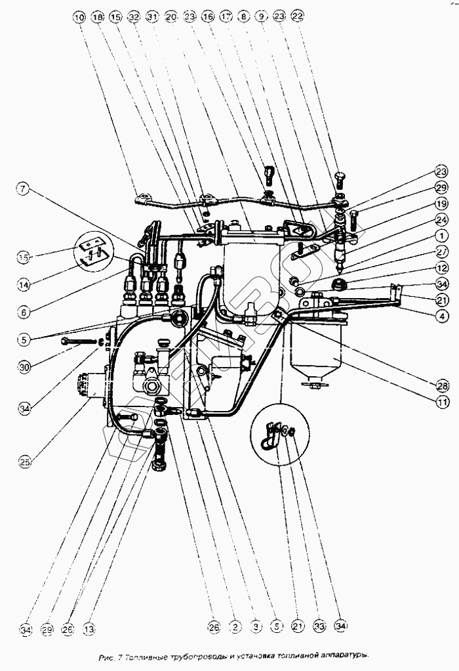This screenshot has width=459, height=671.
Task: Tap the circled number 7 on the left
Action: pyautogui.click(x=24, y=190)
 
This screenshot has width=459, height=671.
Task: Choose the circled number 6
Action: pyautogui.click(x=24, y=313)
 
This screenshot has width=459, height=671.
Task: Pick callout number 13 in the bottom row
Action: pyautogui.click(x=89, y=628)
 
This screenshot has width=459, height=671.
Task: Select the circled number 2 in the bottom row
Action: pyautogui.click(x=234, y=628)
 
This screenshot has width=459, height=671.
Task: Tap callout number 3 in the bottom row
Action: pyautogui.click(x=256, y=628)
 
